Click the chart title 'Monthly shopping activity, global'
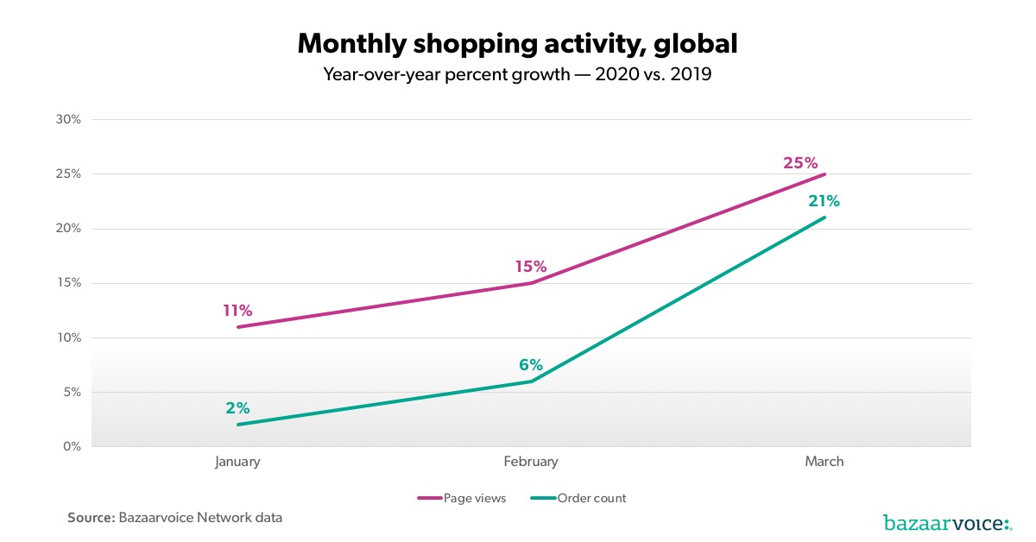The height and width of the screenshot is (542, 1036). pyautogui.click(x=517, y=43)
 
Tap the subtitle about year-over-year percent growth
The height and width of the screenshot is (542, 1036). pyautogui.click(x=517, y=74)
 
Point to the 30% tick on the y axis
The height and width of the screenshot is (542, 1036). pyautogui.click(x=69, y=120)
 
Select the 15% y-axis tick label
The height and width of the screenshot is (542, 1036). pyautogui.click(x=69, y=283)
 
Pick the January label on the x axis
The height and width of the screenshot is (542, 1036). pyautogui.click(x=237, y=462)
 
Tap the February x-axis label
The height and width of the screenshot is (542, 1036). pyautogui.click(x=531, y=462)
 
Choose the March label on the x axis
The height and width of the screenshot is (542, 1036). pyautogui.click(x=824, y=462)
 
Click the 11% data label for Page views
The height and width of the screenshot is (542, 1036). pyautogui.click(x=237, y=311)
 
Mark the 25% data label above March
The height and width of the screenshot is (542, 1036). pyautogui.click(x=800, y=162)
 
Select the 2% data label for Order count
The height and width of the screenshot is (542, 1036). pyautogui.click(x=237, y=408)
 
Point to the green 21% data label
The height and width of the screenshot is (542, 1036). pyautogui.click(x=824, y=201)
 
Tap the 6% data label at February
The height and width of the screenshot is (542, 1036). pyautogui.click(x=531, y=365)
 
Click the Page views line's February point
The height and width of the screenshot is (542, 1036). pyautogui.click(x=531, y=283)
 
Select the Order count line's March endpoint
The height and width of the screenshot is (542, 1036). pyautogui.click(x=824, y=217)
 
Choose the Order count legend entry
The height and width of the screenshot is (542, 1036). pyautogui.click(x=578, y=498)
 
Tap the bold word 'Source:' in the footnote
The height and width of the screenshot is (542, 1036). pyautogui.click(x=91, y=518)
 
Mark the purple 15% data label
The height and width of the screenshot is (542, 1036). pyautogui.click(x=531, y=268)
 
